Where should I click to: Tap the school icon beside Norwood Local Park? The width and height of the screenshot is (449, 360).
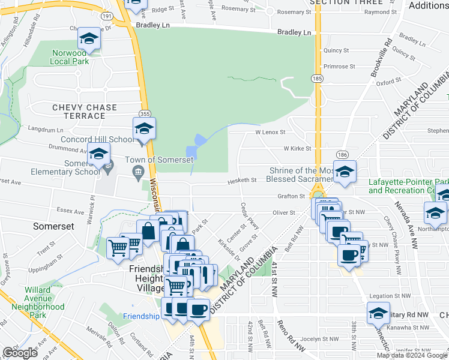pos(89,39)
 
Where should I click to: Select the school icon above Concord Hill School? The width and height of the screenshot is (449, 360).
pos(144,128)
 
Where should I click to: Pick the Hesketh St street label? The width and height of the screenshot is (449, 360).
pos(242,179)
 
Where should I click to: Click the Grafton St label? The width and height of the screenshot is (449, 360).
pos(292,196)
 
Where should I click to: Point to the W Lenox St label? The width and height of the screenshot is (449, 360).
pos(269,131)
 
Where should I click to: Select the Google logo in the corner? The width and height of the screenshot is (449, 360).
pos(20,352)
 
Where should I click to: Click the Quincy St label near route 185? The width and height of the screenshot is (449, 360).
pos(336,51)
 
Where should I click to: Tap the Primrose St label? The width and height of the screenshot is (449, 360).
pos(340,67)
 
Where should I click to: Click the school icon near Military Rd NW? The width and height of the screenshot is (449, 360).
pos(378,313)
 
